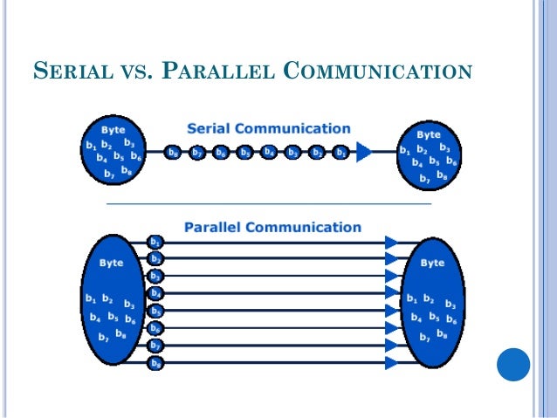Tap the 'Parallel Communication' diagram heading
pos(272,227)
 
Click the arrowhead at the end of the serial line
pos(364,153)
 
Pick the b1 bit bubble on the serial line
pos(341,153)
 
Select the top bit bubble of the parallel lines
pos(155,242)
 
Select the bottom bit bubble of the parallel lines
pos(155,363)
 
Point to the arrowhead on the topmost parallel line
pos(392,242)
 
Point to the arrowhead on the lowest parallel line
pos(392,363)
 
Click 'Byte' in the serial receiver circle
pos(429,134)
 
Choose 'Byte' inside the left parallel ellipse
pos(111,263)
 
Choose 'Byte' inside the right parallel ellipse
pos(432,263)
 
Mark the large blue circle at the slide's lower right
pos(514,365)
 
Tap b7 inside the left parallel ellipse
pos(103,336)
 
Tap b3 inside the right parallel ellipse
pos(450,305)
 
